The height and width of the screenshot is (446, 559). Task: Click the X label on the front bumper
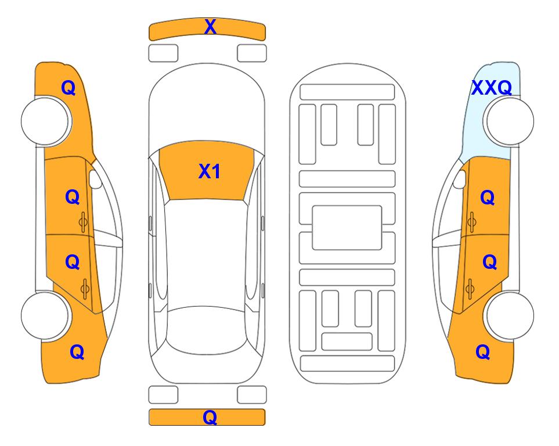[x=210, y=27]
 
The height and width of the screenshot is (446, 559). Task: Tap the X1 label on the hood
[x=210, y=171]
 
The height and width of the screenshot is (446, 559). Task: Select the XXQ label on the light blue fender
[x=492, y=88]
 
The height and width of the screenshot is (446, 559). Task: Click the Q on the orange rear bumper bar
[x=210, y=417]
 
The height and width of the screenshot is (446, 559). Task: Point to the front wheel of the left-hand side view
[x=46, y=121]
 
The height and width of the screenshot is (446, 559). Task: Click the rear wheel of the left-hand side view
[x=45, y=316]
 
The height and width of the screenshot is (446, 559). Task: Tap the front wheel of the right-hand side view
[x=510, y=121]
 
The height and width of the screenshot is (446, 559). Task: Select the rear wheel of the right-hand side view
[x=510, y=316]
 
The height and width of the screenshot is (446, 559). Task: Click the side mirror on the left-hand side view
[x=96, y=179]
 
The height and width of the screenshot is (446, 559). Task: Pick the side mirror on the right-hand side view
[x=460, y=179]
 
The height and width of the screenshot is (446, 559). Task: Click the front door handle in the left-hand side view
[x=84, y=222]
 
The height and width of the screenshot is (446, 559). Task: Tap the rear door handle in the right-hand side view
[x=470, y=289]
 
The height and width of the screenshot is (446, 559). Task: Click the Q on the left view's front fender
[x=68, y=88]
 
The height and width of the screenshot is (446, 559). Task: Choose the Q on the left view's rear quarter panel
[x=77, y=352]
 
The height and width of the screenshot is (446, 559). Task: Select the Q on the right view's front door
[x=488, y=197]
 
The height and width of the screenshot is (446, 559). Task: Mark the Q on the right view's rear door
[x=489, y=262]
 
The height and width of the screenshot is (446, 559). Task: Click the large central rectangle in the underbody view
[x=347, y=228]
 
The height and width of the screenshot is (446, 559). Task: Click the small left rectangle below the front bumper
[x=163, y=53]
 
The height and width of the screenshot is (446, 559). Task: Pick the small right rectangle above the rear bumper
[x=252, y=395]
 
